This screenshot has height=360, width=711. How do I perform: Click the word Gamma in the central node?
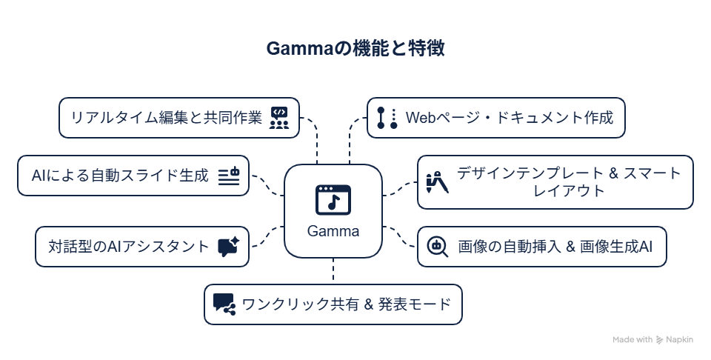coord(333,231)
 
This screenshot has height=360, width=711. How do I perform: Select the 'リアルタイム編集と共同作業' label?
coord(166,118)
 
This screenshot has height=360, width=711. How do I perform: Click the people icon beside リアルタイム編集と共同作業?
coord(279,118)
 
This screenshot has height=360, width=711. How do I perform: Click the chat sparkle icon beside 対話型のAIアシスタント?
coord(228,247)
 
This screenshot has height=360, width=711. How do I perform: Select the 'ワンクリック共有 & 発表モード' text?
coord(347,304)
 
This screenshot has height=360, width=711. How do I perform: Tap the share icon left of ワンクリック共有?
coord(224,304)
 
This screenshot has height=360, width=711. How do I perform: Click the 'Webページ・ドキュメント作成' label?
coord(510,118)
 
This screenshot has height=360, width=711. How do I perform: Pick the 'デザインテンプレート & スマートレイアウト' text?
coord(569,182)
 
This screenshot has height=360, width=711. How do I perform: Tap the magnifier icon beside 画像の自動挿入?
coord(438,247)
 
